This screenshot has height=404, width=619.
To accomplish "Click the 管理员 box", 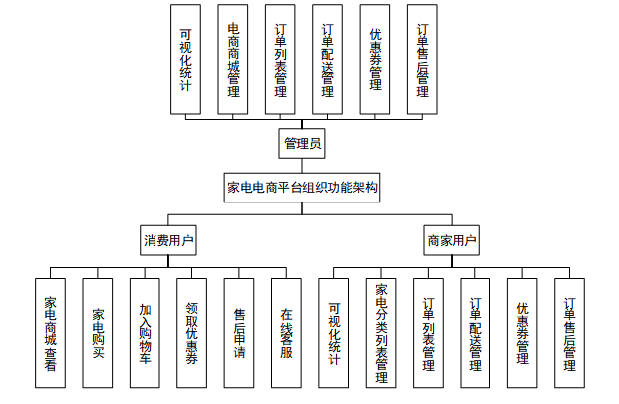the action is coord(302,143).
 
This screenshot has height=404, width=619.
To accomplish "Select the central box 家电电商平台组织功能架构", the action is coord(302,188).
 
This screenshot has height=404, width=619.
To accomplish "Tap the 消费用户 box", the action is coord(168,240).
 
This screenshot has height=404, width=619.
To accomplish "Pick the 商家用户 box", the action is coord(452,240).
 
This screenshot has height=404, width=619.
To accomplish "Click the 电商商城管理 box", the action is coord(233,59).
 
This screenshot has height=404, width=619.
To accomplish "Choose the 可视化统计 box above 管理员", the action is coord(185,59).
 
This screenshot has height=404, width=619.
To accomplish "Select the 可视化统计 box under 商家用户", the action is coord(334,333).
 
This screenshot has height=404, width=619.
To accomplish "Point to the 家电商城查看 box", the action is coord(50,333).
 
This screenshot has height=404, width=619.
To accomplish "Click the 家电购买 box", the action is coord(98,333).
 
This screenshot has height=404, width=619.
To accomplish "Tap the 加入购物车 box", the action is coord(145,333).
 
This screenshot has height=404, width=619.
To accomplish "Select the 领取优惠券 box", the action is coord(191,333).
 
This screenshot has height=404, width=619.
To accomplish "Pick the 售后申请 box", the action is coord(239,333).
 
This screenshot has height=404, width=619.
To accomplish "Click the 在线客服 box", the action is coord(287,333).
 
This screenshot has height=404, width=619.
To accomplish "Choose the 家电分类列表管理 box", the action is coord(381,333).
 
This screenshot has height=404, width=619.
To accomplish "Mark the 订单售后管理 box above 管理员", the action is coord(422,59).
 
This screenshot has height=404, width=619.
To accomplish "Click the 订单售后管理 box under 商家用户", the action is coord(569,333).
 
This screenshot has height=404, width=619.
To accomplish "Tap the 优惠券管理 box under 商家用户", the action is coord(522,333).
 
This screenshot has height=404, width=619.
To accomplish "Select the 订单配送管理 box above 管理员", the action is coord(327,59).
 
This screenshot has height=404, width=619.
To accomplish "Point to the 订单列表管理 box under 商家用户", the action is coord(428,333).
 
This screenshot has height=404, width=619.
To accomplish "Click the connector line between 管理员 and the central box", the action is coord(302,166).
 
